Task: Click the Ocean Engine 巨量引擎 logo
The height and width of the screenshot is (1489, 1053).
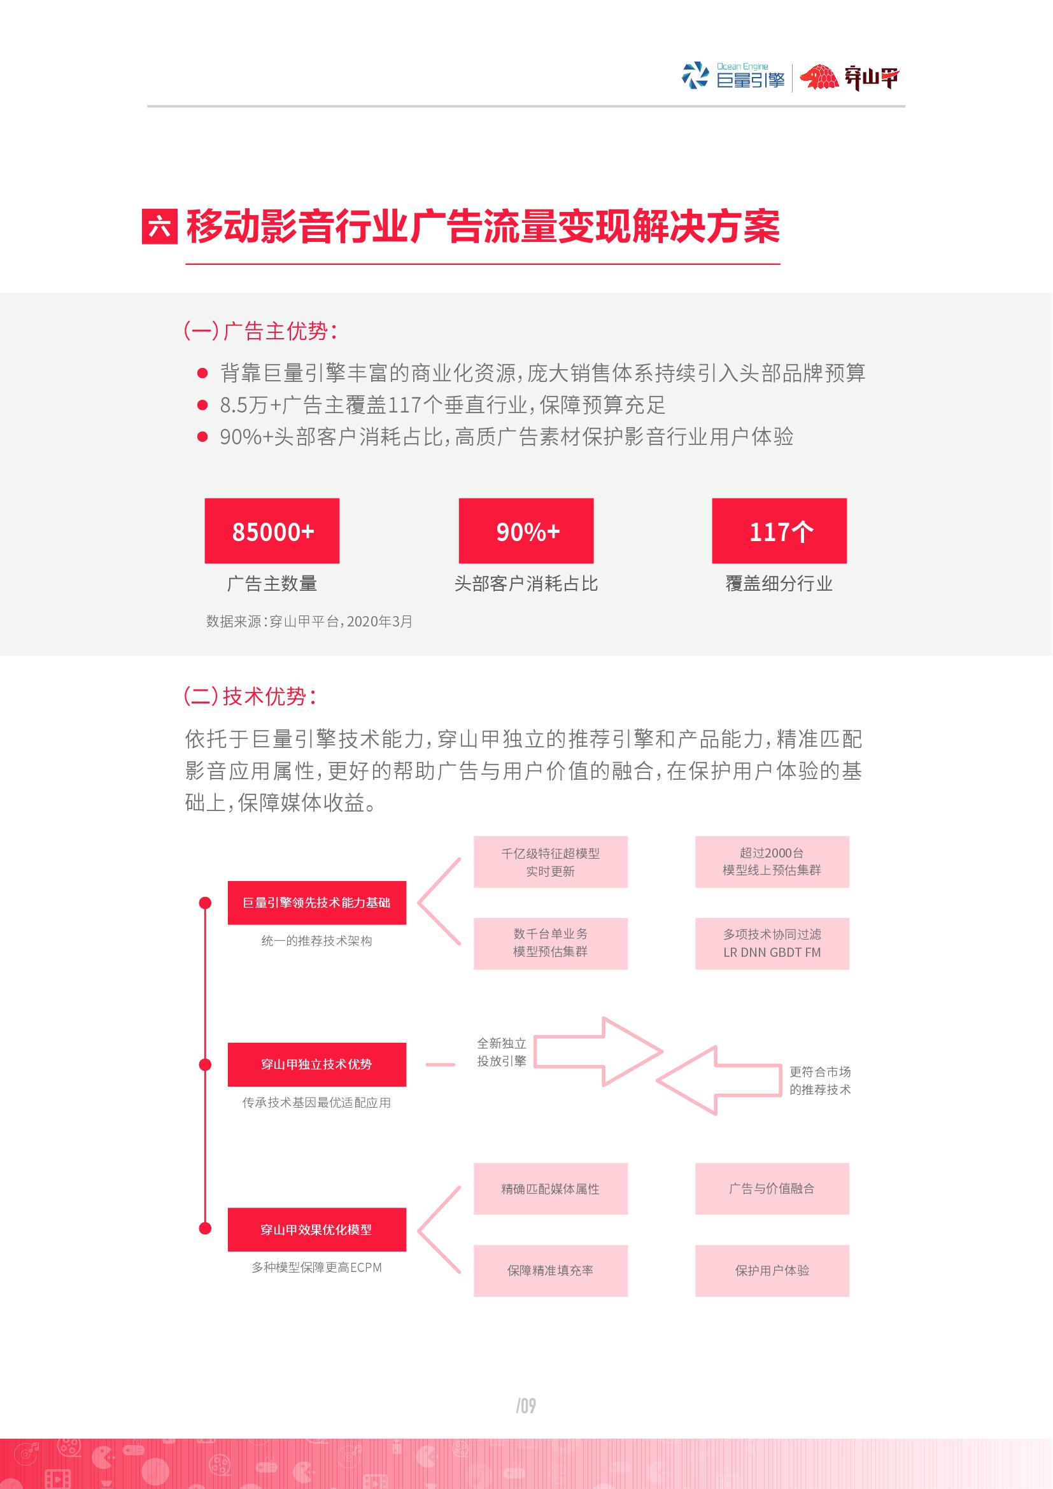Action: pyautogui.click(x=733, y=76)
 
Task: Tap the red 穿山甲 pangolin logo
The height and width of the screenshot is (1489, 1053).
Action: pyautogui.click(x=849, y=78)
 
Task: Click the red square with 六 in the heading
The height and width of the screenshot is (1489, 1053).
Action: pyautogui.click(x=160, y=227)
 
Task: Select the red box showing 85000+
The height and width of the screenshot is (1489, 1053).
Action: pyautogui.click(x=272, y=530)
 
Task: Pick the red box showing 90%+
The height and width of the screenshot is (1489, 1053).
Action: pyautogui.click(x=526, y=530)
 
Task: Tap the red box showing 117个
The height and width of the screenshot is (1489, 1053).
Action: pyautogui.click(x=779, y=530)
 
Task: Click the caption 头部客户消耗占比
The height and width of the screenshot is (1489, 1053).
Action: pyautogui.click(x=526, y=584)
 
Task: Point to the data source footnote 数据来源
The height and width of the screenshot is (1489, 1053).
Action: pyautogui.click(x=309, y=621)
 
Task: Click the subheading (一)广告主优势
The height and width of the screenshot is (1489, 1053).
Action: pyautogui.click(x=260, y=332)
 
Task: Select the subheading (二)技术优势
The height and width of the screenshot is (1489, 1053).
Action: pyautogui.click(x=250, y=696)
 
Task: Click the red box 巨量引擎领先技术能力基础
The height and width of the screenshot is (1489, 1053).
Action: pyautogui.click(x=316, y=902)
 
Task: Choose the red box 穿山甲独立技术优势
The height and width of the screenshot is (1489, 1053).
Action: pyautogui.click(x=316, y=1064)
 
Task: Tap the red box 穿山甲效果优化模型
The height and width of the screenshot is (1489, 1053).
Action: pyautogui.click(x=316, y=1229)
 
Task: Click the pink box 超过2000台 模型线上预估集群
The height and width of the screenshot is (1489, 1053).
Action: pyautogui.click(x=772, y=861)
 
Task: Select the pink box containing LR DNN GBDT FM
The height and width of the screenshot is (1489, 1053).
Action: pyautogui.click(x=772, y=943)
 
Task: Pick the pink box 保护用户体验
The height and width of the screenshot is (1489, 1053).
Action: pyautogui.click(x=772, y=1270)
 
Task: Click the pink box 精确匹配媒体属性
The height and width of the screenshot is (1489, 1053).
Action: pyautogui.click(x=551, y=1188)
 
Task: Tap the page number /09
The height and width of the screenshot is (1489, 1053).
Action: pyautogui.click(x=526, y=1406)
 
